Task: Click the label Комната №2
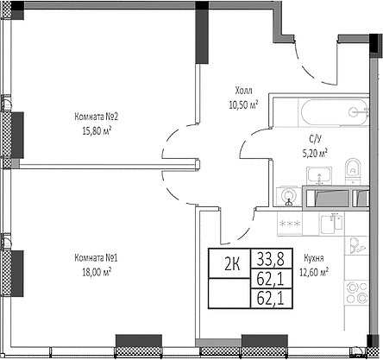tap(97, 117)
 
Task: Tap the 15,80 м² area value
tap(97, 131)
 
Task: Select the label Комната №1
tap(96, 257)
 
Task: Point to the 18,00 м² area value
tap(97, 272)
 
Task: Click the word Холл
tap(243, 91)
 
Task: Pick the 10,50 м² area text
tap(243, 104)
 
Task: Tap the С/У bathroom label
tap(315, 139)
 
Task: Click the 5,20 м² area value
tap(315, 153)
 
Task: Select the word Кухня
tap(314, 258)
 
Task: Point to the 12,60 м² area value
tap(314, 272)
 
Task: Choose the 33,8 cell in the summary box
tap(271, 259)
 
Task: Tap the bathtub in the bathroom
tap(335, 112)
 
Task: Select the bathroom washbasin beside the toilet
tap(319, 175)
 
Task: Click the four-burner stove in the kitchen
tap(356, 293)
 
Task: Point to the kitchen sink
tap(332, 224)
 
